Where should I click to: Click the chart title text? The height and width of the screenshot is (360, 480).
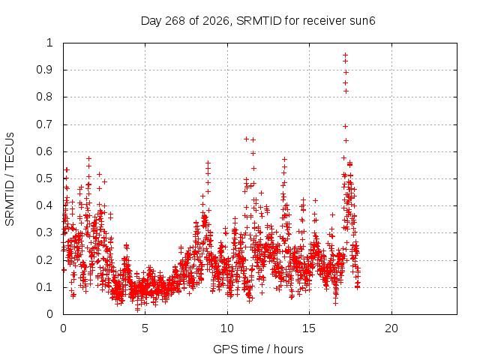[258, 21]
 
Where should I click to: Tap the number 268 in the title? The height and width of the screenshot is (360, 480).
[175, 21]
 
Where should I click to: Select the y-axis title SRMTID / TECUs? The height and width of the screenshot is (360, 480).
[10, 179]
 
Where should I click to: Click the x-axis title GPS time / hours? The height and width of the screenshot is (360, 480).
[258, 349]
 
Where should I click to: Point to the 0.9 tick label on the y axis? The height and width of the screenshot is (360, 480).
[45, 70]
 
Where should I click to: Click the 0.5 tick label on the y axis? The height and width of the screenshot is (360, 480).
[45, 178]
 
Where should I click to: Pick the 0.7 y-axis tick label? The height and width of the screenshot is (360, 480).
[45, 124]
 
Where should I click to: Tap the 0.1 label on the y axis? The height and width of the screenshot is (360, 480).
[45, 287]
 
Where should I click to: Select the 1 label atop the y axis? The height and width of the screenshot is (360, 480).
[50, 43]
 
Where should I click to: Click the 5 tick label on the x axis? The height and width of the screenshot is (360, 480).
[145, 328]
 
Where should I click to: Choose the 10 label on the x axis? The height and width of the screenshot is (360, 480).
[227, 328]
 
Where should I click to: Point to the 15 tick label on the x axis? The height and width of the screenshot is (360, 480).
[309, 328]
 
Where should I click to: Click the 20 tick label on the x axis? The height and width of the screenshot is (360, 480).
[391, 328]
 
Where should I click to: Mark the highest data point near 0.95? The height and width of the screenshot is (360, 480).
[345, 55]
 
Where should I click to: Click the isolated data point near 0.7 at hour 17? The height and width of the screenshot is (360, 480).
[345, 127]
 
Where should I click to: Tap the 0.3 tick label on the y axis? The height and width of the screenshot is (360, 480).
[45, 232]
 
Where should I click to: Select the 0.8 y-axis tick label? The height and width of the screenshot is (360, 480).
[45, 97]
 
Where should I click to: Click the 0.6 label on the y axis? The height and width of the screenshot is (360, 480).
[45, 151]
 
